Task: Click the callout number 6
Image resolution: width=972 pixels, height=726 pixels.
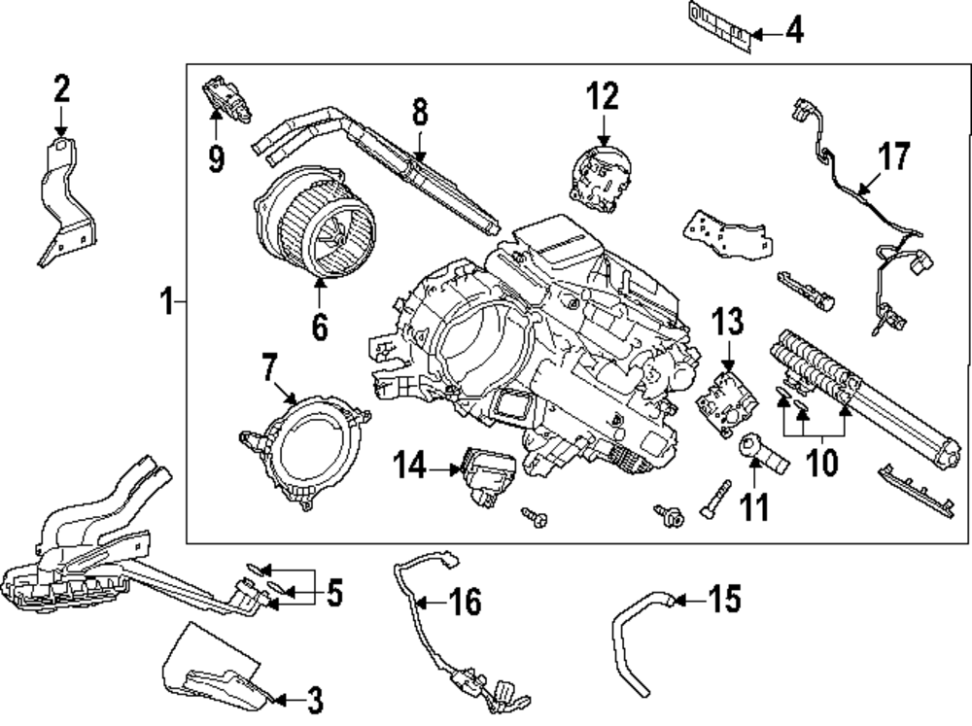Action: tap(319, 327)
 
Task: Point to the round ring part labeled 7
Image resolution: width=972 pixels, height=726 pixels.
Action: tap(304, 449)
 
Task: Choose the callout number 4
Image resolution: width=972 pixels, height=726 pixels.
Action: tap(794, 32)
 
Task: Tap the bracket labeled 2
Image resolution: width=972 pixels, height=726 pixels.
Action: tap(66, 204)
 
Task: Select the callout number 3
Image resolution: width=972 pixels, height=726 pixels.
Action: tap(314, 699)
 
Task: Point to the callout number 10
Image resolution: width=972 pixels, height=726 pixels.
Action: tap(823, 462)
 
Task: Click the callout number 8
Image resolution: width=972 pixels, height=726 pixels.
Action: tap(419, 112)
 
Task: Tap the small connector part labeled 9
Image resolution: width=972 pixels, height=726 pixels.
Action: tap(226, 97)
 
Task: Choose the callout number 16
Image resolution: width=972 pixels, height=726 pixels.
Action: tap(464, 603)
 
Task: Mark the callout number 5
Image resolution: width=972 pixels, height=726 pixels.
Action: tap(333, 593)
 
